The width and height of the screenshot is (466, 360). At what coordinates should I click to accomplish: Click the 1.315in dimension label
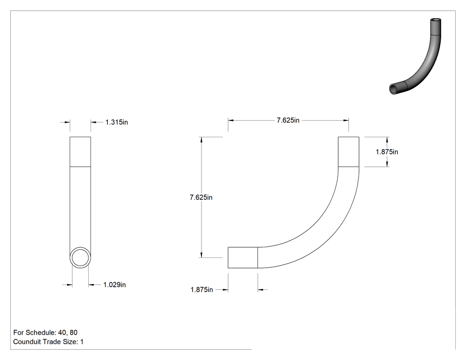click(116, 122)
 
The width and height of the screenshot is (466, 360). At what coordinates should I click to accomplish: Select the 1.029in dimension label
click(115, 285)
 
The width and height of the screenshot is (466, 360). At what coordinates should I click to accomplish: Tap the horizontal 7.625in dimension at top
click(288, 120)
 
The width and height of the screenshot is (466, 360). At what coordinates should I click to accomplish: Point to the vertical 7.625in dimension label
click(201, 198)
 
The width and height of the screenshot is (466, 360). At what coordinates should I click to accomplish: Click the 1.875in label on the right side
click(387, 152)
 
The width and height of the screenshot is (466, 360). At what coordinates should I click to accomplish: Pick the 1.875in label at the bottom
click(201, 289)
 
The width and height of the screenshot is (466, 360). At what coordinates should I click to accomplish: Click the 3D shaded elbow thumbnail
click(415, 56)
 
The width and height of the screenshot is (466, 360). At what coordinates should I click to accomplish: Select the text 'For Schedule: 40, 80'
click(45, 332)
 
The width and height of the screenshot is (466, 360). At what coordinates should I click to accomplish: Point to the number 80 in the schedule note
click(73, 332)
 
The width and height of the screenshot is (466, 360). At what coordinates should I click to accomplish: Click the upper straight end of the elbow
click(348, 152)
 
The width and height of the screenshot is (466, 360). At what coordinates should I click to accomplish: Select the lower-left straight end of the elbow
click(243, 257)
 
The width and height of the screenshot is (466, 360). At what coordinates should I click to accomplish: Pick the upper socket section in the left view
click(80, 152)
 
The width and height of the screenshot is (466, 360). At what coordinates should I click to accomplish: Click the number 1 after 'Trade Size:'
click(82, 342)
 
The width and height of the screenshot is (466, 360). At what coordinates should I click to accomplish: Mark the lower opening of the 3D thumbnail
click(393, 89)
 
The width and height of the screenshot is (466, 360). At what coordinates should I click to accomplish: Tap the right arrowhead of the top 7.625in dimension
click(346, 120)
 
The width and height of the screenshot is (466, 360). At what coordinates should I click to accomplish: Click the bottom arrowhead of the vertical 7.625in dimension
click(201, 255)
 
